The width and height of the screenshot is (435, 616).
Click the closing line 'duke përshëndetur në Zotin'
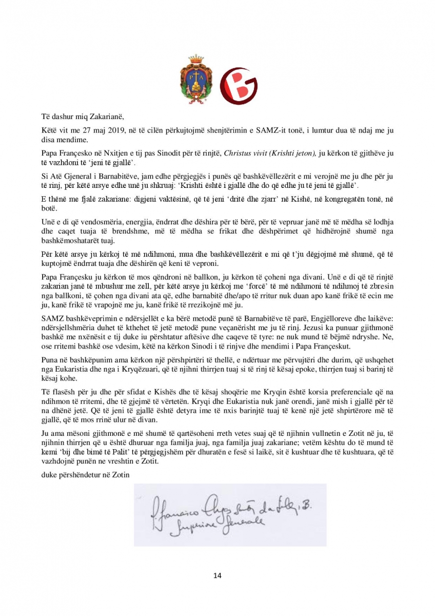click(x=86, y=474)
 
